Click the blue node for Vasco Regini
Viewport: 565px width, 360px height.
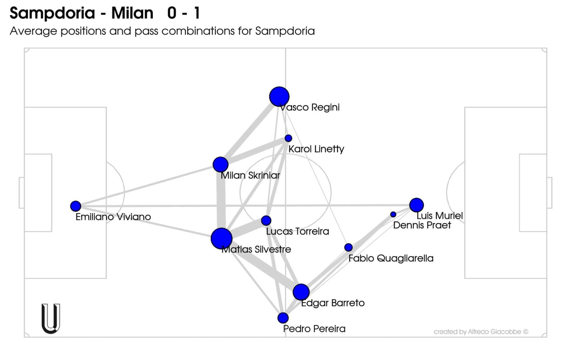[x=279, y=97]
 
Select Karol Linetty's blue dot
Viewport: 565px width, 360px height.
[x=288, y=138]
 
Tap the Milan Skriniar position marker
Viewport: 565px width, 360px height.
[x=220, y=165]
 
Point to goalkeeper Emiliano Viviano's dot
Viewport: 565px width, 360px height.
[x=76, y=206]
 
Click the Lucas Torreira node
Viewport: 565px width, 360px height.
[x=266, y=220]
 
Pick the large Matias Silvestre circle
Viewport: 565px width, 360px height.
[x=222, y=238]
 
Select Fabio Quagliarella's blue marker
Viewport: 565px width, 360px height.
[x=348, y=247]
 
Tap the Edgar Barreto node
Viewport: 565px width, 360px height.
[x=301, y=292]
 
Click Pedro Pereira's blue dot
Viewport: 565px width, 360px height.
[x=283, y=318]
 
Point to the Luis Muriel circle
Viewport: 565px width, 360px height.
[x=416, y=205]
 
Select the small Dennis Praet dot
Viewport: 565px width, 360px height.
[x=393, y=215]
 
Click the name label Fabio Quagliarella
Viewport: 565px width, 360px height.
[x=391, y=258]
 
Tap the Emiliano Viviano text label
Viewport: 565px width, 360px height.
[x=113, y=217]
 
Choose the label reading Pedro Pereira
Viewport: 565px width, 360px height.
[x=314, y=329]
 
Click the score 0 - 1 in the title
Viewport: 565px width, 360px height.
[x=184, y=13]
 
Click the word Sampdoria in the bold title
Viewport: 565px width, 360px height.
[x=52, y=13]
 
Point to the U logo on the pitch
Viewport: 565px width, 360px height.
[x=51, y=318]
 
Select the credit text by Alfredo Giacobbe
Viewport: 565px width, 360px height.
[x=481, y=332]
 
